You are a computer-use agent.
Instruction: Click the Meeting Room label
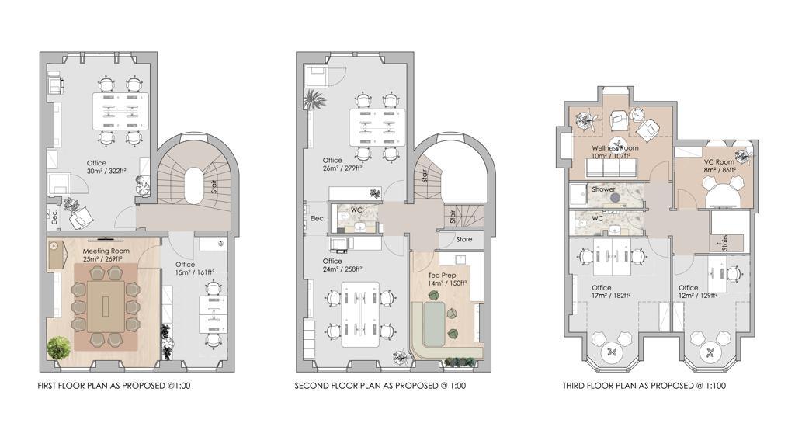106,251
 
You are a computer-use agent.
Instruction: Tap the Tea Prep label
442,276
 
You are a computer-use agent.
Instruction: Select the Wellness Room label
615,148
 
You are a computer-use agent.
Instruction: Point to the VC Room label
718,162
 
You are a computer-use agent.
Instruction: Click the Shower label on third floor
603,189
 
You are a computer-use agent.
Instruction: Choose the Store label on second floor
464,239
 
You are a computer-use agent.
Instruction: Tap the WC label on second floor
356,210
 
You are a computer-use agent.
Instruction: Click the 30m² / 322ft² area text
106,172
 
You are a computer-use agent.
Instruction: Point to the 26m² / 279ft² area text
342,168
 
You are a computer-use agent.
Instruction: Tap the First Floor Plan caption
114,386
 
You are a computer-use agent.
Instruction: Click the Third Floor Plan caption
644,386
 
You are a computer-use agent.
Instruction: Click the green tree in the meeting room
58,349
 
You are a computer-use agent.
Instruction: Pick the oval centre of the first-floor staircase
195,185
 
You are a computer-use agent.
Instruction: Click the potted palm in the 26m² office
315,99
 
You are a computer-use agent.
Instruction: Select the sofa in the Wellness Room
611,167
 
